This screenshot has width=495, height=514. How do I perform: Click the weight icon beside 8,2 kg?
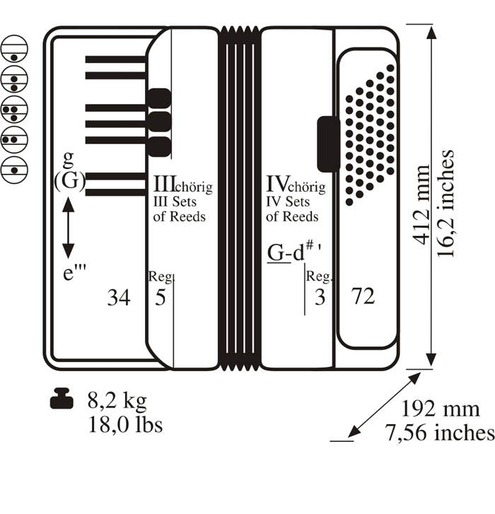62,398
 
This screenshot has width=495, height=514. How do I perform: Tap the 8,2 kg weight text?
117,400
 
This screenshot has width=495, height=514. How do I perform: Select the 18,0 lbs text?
126,425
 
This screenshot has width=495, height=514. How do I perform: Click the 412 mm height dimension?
421,204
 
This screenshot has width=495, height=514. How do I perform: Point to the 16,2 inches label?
445,203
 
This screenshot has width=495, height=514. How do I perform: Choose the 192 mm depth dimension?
441,409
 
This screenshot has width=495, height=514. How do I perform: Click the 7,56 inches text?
440,433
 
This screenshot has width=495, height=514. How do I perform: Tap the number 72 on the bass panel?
363,296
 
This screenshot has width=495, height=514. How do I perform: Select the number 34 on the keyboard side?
119,298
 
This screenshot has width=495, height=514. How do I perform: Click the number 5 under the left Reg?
161,298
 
